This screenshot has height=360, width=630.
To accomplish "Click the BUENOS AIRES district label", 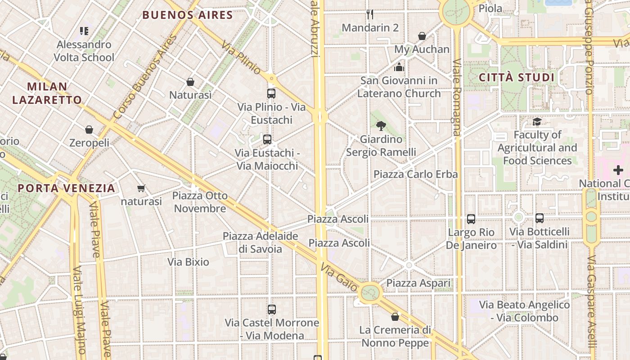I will tap(188, 15).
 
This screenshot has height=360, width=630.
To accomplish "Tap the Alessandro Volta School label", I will tap(84, 51).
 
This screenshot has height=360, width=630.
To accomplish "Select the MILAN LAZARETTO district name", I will tap(47, 93).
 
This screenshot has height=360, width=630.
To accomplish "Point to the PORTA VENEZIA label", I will tap(67, 188).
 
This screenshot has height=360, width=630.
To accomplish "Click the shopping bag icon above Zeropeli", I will tap(89, 130).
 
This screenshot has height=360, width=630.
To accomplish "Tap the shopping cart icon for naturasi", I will tap(141, 189).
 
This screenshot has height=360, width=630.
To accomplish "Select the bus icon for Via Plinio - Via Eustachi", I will tap(271, 94).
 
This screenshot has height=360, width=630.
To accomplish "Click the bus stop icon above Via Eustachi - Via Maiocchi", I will tap(267, 139).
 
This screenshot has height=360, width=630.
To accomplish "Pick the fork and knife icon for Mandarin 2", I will tap(370, 14).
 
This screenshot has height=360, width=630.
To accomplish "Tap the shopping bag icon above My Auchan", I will tap(422, 36).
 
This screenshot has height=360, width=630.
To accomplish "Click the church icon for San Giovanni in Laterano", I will tap(399, 68).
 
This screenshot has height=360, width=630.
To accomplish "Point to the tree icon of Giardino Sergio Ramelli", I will tap(381, 126).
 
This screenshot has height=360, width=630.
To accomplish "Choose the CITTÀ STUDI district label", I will tap(516, 77).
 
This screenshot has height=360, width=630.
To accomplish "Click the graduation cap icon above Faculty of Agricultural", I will tap(537, 121).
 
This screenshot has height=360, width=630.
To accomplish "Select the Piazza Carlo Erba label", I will tap(415, 174).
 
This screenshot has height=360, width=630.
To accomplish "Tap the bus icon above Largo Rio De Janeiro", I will tap(471, 219).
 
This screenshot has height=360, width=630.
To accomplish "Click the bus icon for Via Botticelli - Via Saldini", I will tap(540, 218).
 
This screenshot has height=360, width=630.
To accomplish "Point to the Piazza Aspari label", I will tap(418, 283).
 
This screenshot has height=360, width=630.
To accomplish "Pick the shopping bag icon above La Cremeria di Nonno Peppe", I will tap(395, 317).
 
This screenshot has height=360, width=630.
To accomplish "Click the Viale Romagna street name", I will tap(457, 97).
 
